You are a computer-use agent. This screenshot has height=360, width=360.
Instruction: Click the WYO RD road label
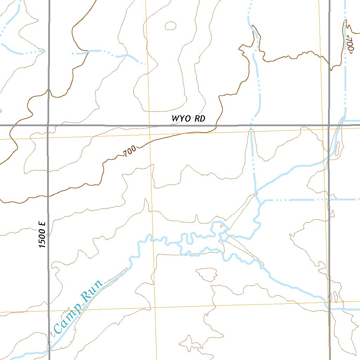(188, 119)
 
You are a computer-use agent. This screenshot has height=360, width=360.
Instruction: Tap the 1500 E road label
(43, 234)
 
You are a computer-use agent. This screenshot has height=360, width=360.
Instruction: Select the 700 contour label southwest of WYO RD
(130, 152)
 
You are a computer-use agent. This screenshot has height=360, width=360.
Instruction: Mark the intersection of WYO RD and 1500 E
(48, 125)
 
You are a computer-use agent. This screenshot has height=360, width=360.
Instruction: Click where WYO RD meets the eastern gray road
(329, 125)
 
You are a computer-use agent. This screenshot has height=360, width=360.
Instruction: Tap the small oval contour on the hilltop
(171, 26)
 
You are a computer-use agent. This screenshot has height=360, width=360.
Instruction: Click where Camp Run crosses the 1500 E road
(49, 350)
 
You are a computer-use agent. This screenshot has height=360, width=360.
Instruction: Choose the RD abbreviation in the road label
(200, 119)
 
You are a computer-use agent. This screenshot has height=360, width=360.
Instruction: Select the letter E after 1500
(43, 223)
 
